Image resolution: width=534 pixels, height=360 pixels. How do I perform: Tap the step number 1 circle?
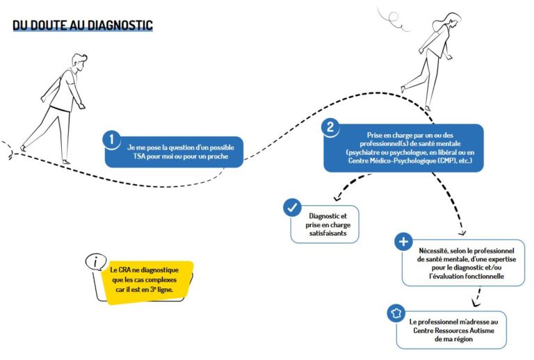pos(111,140)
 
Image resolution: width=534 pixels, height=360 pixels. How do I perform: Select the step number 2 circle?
pos(330,128)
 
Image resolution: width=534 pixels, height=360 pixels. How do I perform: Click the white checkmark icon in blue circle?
pos(292,208)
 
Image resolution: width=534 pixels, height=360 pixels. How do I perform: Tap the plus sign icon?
pos(403,242)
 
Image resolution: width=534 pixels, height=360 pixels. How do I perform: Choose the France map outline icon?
pos(396,313)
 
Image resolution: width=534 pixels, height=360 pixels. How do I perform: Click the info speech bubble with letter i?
pos(96,262)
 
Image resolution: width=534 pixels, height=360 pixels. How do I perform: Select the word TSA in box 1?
pos(139,156)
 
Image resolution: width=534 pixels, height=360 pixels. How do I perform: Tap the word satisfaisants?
pos(328,234)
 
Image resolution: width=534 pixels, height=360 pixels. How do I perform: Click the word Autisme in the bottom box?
pos(482,330)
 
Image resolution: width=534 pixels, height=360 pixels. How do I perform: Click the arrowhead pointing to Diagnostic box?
pos(337,197)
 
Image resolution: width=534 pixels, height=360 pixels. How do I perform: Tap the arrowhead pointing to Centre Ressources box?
pos(476,303)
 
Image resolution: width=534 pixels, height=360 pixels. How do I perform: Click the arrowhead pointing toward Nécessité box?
pos(462,233)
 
